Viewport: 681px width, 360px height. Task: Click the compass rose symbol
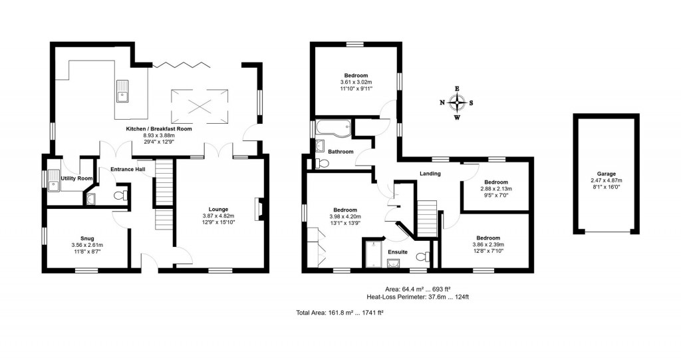[x=457, y=102]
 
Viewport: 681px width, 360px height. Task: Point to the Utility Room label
[x=76, y=178]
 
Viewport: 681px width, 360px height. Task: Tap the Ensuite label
[x=398, y=252]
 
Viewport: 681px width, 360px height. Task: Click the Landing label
[x=430, y=174]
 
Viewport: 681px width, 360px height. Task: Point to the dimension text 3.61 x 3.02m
[x=355, y=83]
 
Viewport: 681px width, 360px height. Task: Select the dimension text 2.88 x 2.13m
[x=495, y=189]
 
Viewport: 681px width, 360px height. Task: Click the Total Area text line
[x=339, y=312]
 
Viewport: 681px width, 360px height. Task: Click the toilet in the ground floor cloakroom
[x=120, y=195]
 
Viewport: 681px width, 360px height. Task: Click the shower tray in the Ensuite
[x=373, y=255]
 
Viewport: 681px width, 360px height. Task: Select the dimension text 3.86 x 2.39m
[x=487, y=245]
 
